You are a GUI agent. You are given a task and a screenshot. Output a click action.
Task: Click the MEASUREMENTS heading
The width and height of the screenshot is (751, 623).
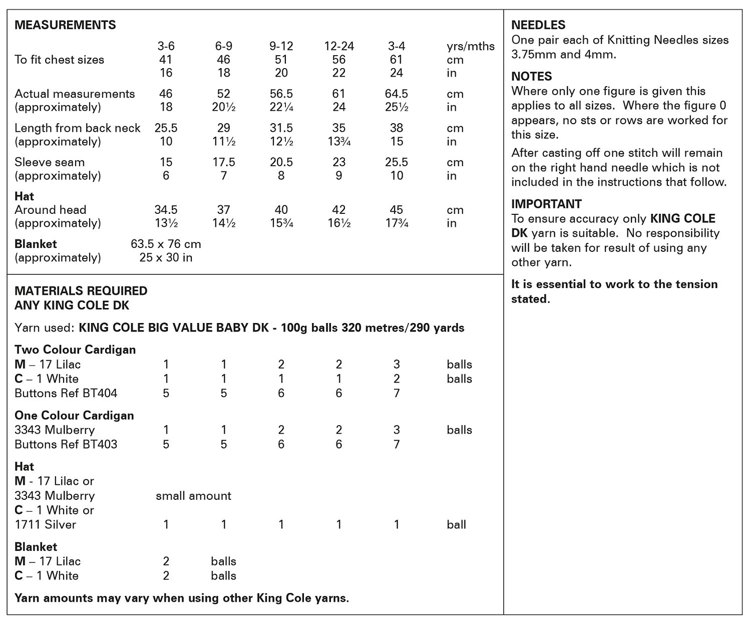click(x=65, y=25)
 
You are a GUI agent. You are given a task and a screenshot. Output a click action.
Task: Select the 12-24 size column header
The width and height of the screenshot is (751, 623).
click(x=339, y=46)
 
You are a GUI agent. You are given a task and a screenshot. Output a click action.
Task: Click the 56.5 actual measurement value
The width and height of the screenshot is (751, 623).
click(x=281, y=94)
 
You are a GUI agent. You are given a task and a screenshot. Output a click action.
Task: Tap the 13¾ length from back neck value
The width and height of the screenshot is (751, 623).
click(x=339, y=142)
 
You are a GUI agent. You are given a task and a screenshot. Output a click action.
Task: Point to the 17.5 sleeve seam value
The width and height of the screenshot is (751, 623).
click(x=224, y=162)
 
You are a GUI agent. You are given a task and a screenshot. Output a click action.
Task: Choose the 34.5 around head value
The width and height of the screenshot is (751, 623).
click(x=166, y=210)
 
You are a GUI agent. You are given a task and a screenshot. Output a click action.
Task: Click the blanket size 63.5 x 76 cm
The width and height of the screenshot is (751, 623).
click(x=166, y=244)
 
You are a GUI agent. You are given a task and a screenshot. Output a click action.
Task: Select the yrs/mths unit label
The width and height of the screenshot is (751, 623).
click(x=470, y=47)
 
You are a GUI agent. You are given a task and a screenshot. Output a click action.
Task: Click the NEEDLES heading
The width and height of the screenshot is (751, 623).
click(x=538, y=25)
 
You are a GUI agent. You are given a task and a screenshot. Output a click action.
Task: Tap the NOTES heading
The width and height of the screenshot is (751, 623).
click(x=531, y=77)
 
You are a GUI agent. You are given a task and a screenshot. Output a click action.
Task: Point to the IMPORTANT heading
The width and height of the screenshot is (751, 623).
click(x=546, y=204)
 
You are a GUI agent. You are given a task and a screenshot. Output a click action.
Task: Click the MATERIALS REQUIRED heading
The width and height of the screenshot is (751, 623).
click(x=81, y=291)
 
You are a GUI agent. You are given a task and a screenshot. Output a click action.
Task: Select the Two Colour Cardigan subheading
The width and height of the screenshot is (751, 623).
click(x=75, y=350)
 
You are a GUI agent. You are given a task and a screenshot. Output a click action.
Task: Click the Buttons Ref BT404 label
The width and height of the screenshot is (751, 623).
click(x=66, y=393)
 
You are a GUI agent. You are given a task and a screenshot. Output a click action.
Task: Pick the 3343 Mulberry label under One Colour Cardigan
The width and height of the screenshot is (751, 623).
click(x=55, y=430)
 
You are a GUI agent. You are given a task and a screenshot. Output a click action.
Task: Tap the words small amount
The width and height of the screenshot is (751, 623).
click(x=193, y=496)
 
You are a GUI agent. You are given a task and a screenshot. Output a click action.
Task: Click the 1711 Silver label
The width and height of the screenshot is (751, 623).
click(x=46, y=525)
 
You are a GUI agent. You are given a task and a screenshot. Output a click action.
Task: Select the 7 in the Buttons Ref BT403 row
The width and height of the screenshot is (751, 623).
click(x=397, y=444)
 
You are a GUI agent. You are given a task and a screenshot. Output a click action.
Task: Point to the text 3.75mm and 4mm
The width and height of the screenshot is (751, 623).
click(x=563, y=55)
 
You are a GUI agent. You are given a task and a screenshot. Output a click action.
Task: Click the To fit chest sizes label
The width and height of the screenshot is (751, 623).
click(x=60, y=60)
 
